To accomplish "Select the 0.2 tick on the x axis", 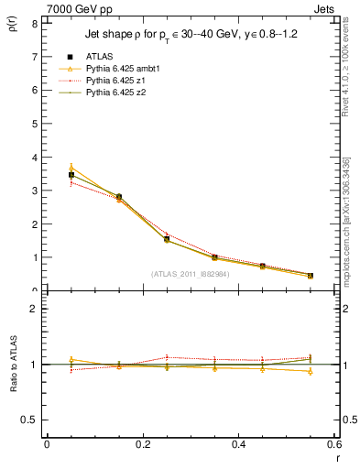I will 142,445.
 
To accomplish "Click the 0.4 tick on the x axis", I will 238,445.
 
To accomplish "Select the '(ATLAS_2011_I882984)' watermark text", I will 191,275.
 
